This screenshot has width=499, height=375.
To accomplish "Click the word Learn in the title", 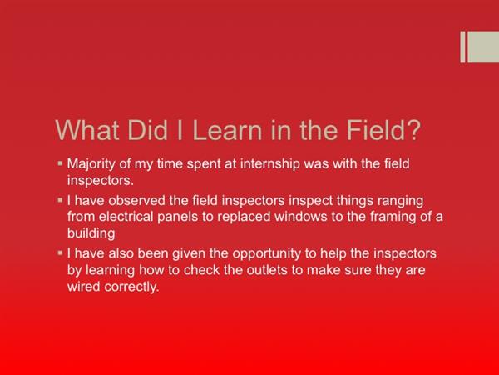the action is (227, 130).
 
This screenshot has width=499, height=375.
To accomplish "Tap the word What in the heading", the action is (87, 130).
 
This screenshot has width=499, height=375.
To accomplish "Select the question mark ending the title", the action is (413, 130).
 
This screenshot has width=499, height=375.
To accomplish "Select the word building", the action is (91, 233).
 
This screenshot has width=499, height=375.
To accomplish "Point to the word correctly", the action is (131, 287).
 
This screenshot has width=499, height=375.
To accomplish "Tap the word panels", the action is (178, 217).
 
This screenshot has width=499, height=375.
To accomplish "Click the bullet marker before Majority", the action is (60, 163).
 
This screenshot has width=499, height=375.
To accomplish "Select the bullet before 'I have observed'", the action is (60, 200).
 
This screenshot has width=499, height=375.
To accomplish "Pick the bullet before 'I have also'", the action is (60, 253).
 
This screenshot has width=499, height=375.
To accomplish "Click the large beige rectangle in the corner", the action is (483, 47).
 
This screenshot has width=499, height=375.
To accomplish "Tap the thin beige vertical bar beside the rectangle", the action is (462, 47).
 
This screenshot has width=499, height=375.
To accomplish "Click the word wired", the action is (84, 287).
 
